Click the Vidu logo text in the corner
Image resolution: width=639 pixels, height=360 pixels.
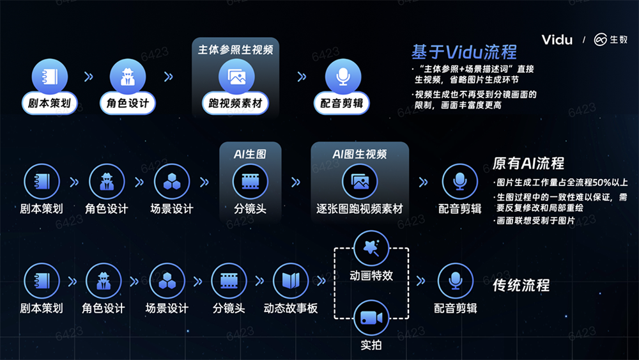(x=557, y=40)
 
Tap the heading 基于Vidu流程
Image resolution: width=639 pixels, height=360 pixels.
(x=464, y=52)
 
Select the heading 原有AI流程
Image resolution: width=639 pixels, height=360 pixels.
(x=528, y=164)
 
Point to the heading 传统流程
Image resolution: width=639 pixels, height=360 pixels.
(x=521, y=285)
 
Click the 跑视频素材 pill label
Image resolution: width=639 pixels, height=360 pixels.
(x=235, y=103)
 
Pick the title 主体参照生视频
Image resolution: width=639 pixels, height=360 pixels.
(x=236, y=50)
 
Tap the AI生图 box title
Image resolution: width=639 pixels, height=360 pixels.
(x=250, y=154)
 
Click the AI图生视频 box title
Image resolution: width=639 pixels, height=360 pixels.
(x=359, y=154)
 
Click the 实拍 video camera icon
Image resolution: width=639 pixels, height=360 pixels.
(x=371, y=318)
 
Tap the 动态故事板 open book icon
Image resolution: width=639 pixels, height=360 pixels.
(x=291, y=281)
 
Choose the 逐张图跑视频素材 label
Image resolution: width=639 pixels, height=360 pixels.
(x=359, y=208)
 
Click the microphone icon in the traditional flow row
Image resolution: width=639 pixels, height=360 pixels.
(x=455, y=281)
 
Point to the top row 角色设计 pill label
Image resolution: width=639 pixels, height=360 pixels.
(x=128, y=103)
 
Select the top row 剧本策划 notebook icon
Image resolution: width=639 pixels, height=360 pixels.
(x=50, y=77)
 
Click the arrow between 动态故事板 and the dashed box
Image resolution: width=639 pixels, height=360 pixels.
(x=321, y=281)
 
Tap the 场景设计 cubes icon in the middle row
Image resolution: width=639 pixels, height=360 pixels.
(x=171, y=182)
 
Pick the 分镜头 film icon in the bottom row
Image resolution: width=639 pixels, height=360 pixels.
(x=229, y=281)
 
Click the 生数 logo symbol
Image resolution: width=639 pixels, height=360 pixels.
(x=600, y=40)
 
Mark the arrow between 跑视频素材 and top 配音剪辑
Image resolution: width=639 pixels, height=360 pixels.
(x=302, y=76)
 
